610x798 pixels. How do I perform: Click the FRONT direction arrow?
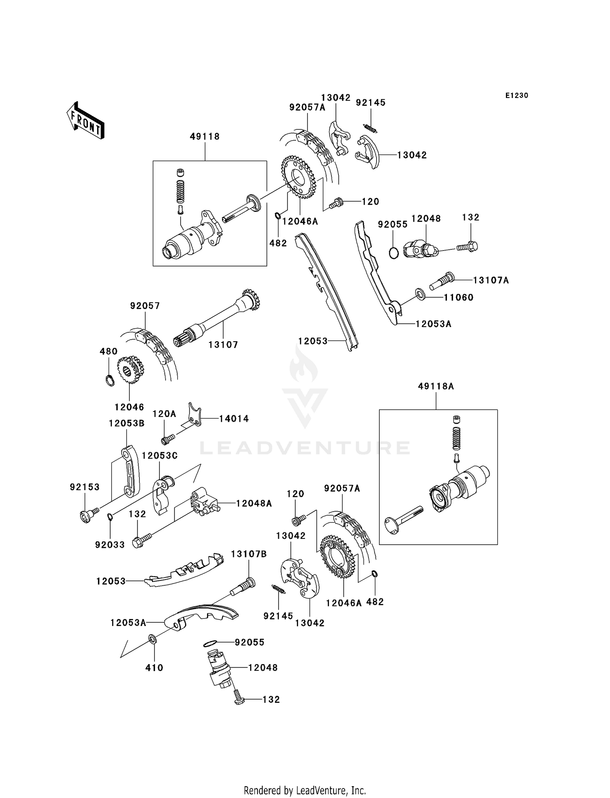85,121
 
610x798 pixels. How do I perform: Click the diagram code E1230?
516,96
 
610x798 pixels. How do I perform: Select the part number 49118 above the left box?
205,137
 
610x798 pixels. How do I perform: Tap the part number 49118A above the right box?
436,386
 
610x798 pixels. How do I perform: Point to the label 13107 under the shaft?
223,344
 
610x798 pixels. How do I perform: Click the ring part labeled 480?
109,381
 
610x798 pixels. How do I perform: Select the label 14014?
234,419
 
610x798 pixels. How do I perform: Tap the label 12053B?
126,423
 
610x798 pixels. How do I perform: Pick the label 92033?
110,544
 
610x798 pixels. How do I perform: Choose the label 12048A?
254,504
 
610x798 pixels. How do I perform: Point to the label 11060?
458,297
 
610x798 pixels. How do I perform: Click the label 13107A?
491,280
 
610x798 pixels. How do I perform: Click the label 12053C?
160,455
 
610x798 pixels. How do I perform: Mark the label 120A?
164,414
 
